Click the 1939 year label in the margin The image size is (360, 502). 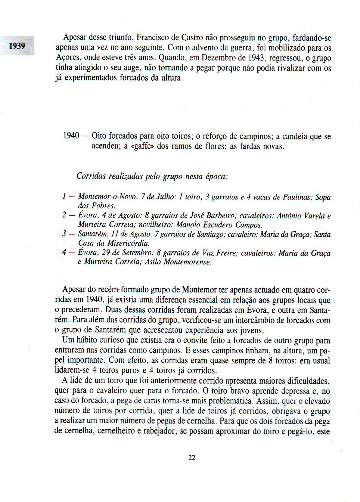point(17,46)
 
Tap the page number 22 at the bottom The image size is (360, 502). point(192,458)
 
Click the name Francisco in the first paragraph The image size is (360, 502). point(152,37)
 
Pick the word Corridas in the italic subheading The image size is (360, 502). point(91,176)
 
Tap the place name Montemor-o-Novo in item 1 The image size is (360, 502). point(108,196)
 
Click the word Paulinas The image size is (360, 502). point(297,197)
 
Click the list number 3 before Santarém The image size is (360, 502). point(64,234)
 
